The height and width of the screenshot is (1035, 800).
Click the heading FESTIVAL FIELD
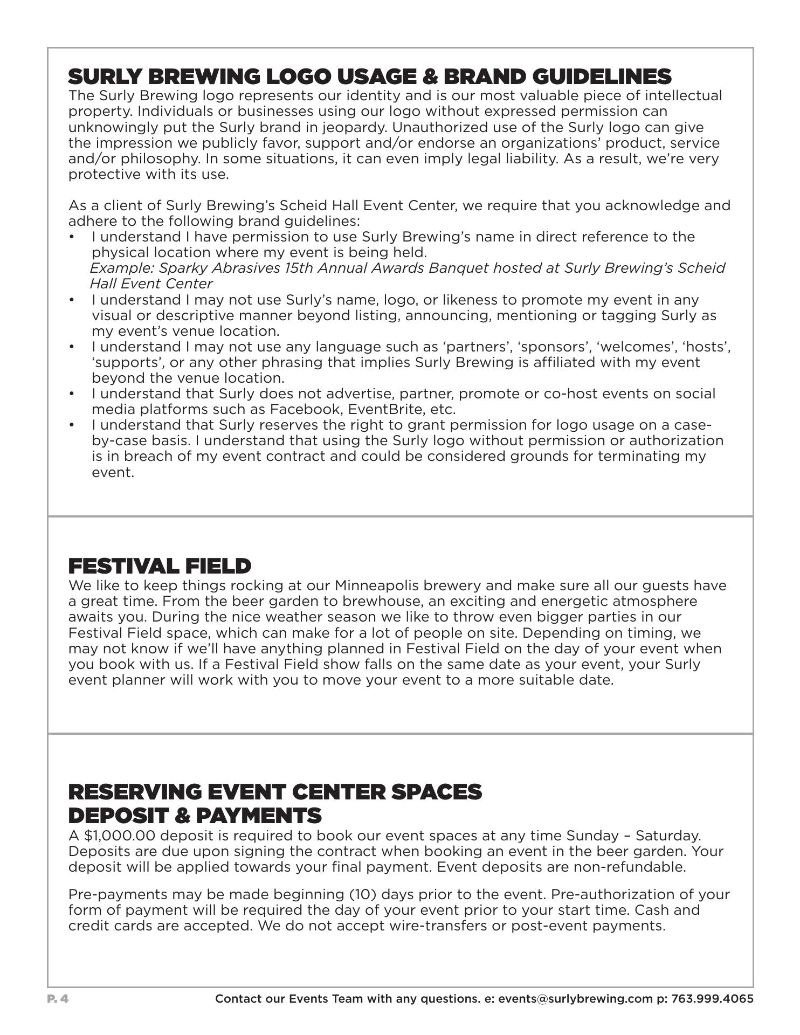[x=160, y=567]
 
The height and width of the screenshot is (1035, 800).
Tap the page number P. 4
[x=58, y=999]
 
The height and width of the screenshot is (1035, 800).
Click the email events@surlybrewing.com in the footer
[x=575, y=999]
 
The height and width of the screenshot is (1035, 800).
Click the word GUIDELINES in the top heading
[x=602, y=77]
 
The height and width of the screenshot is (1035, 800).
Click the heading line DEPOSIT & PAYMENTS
[x=195, y=816]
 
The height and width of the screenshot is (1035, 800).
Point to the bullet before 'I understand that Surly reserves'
[x=73, y=426]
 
